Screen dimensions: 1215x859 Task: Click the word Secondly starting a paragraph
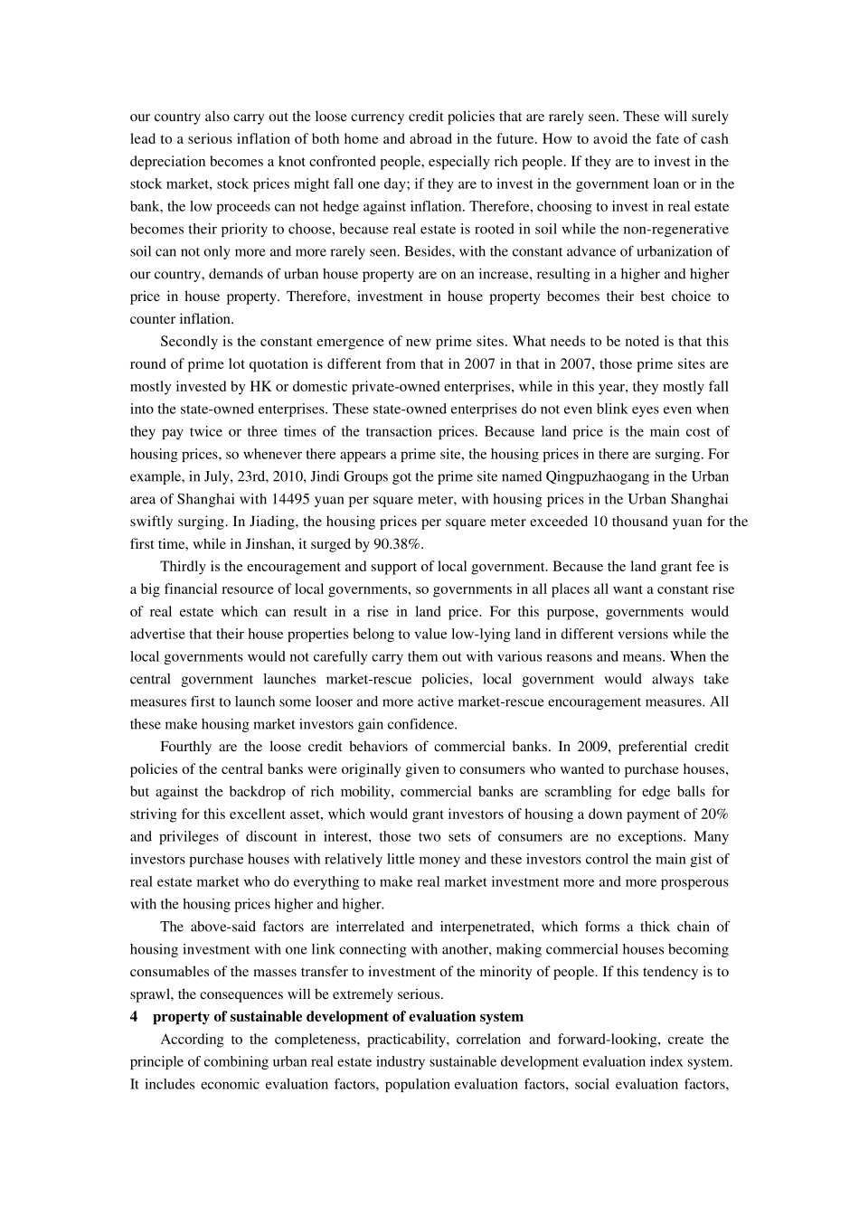tap(188, 342)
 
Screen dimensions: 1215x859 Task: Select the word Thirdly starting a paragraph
tap(184, 567)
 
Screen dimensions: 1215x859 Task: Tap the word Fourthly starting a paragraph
tap(188, 747)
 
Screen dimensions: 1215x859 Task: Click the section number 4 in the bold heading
tap(134, 1017)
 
